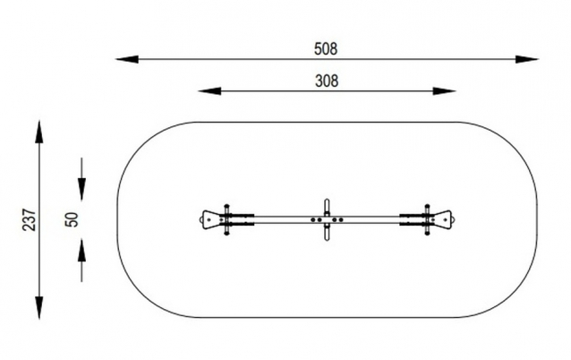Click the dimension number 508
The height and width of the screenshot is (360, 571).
click(326, 49)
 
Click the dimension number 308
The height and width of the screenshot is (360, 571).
click(327, 81)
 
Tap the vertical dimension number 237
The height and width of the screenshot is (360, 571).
click(30, 219)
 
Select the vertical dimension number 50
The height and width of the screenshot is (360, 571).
click(72, 219)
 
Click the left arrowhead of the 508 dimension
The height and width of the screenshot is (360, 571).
click(127, 59)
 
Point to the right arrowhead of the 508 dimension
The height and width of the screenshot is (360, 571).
click(526, 59)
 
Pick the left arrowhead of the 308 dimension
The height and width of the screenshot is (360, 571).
click(209, 91)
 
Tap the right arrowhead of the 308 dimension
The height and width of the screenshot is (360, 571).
click(444, 91)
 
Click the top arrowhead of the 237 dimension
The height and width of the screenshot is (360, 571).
click(39, 133)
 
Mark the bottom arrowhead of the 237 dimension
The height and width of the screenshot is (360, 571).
click(39, 308)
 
